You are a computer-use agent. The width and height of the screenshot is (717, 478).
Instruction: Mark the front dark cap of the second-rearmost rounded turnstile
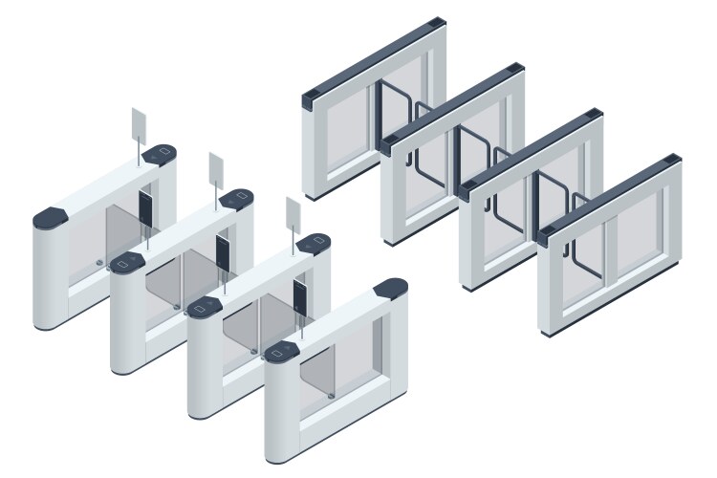click(x=126, y=261)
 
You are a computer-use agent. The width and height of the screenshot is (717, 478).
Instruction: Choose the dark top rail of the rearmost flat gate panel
click(x=374, y=56)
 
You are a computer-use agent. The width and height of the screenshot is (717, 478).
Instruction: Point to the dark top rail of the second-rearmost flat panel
click(x=452, y=102)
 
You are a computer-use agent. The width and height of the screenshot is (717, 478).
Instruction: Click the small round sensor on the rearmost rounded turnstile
click(x=100, y=260)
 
